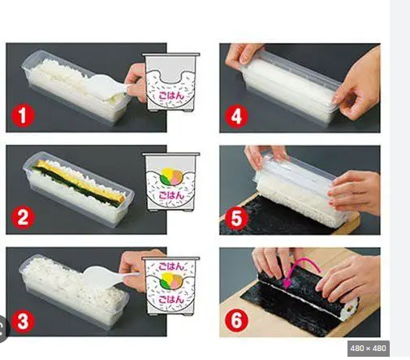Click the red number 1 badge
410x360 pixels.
[x=23, y=116]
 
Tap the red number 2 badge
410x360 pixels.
[x=23, y=218]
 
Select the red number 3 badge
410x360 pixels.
[x=23, y=322]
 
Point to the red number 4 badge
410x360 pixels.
[x=236, y=116]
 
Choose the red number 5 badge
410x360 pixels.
[x=236, y=219]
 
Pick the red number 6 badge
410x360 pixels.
[x=236, y=320]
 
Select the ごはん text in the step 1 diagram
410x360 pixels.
[x=171, y=95]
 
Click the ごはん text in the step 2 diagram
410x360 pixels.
[x=171, y=195]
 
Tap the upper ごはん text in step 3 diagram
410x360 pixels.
[x=171, y=267]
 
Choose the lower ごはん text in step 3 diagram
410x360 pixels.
[x=171, y=299]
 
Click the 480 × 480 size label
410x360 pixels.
[x=368, y=348]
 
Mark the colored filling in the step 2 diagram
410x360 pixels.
[x=170, y=176]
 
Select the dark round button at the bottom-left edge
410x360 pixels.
[x=3, y=328]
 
